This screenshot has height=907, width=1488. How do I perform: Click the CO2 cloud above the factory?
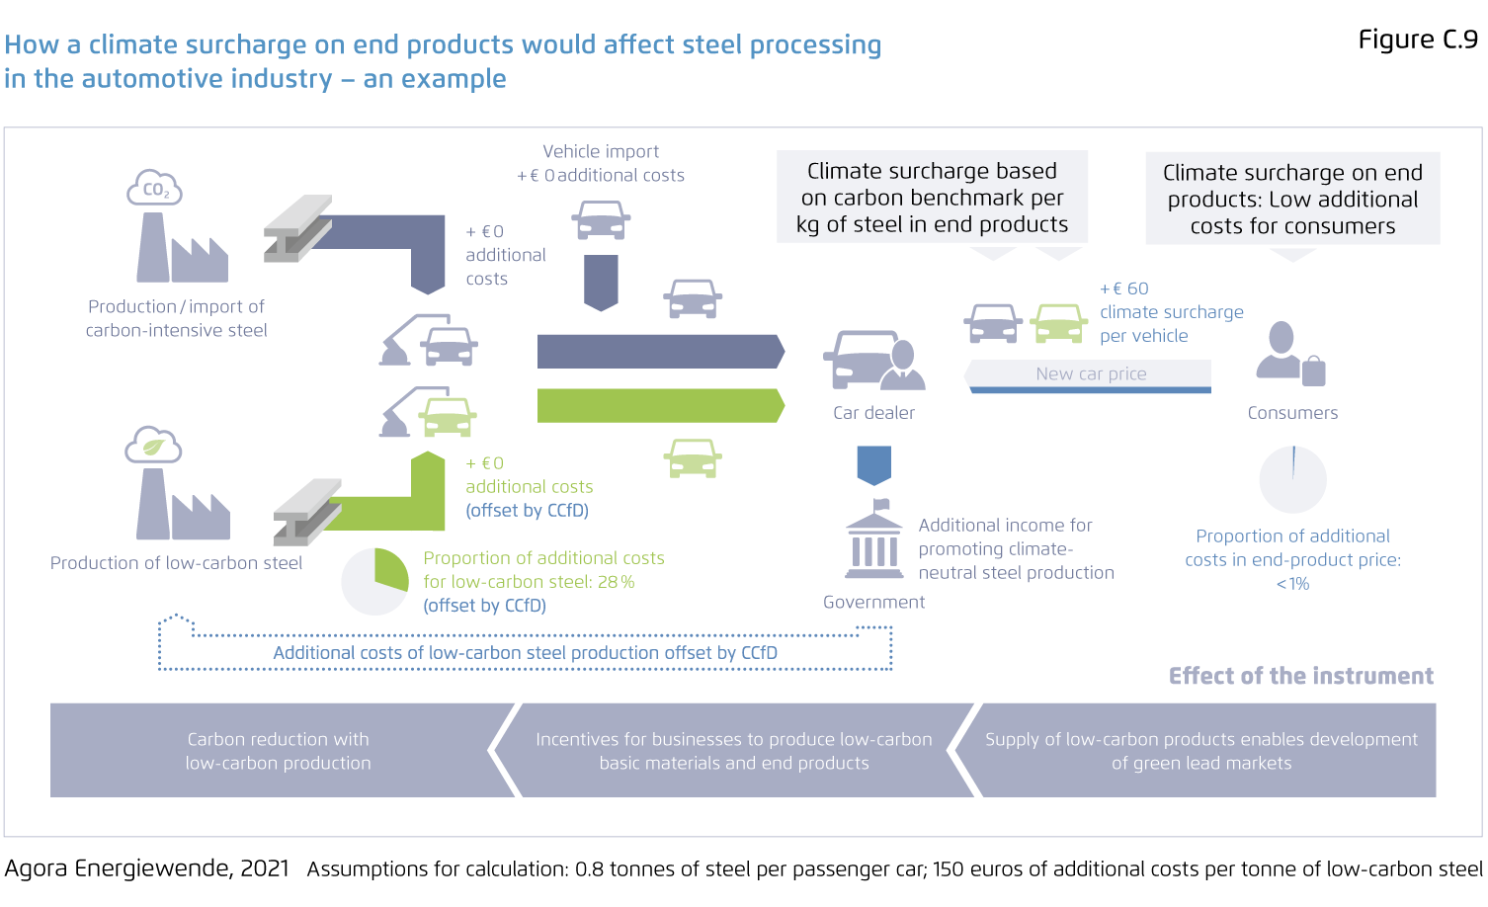[155, 188]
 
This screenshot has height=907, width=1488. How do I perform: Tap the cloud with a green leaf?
[153, 446]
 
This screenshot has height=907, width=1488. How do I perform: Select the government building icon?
[874, 544]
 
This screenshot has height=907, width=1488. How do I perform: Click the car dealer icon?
[873, 361]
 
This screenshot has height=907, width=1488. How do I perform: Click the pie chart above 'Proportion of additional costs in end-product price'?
[1292, 480]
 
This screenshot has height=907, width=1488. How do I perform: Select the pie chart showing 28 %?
[374, 581]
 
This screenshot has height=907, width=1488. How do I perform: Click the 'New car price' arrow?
[1088, 374]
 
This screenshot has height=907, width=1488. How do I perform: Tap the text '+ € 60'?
[1124, 289]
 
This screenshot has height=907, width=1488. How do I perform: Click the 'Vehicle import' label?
[601, 151]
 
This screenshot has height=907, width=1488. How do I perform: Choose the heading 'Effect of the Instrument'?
[1300, 676]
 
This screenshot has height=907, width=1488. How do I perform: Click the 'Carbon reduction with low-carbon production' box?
[279, 751]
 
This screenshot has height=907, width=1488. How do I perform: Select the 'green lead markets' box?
[1200, 751]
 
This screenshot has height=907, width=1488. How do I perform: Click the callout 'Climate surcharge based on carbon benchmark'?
[932, 198]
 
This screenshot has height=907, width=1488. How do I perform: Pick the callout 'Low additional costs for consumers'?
[1292, 199]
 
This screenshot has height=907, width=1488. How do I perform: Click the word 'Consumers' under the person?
[1292, 413]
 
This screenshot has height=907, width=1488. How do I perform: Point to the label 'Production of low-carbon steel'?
[176, 563]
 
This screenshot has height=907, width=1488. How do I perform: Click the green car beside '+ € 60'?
[1059, 322]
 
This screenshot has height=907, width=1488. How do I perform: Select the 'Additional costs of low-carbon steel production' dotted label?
[525, 653]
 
